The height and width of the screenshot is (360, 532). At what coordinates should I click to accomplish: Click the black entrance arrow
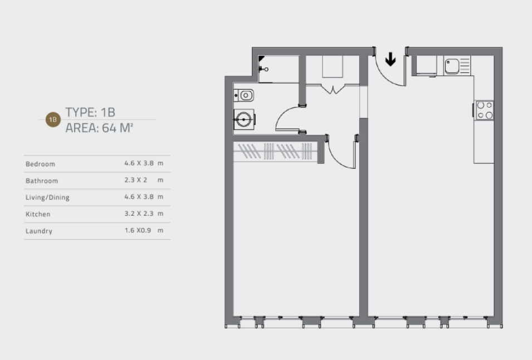tap(391, 60)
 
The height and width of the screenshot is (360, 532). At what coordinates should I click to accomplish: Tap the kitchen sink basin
tap(452, 66)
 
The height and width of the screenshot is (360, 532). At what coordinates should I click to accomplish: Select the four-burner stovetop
tap(485, 110)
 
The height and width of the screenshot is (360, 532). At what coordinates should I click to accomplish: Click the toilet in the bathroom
tap(244, 119)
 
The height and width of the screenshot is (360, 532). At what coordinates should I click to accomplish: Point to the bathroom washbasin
tap(244, 95)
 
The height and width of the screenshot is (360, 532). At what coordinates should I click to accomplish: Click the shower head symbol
tap(263, 69)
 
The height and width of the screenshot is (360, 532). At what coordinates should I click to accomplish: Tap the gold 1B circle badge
tap(53, 119)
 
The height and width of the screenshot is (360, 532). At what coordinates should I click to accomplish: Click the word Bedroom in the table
tap(40, 164)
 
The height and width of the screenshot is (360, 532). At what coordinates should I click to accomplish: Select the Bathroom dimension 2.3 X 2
tap(136, 180)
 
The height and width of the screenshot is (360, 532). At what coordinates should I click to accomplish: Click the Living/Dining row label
tap(47, 197)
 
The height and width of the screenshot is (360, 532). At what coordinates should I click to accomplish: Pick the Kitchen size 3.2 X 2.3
tap(139, 214)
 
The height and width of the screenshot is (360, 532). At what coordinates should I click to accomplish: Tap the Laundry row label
tap(39, 231)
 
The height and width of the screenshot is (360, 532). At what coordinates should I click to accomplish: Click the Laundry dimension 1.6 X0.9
tap(138, 230)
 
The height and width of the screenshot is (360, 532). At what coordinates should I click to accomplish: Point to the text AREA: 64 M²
tap(99, 128)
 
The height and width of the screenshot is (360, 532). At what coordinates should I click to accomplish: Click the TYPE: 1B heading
tap(90, 113)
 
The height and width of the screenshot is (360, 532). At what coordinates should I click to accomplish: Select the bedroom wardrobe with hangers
tap(275, 152)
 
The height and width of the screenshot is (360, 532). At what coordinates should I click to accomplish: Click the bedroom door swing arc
tap(336, 160)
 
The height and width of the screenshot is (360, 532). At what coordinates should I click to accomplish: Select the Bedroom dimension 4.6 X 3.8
tap(139, 163)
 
